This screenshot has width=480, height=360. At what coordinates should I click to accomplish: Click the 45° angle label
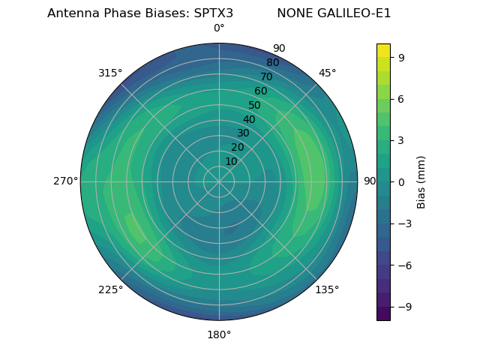click(328, 73)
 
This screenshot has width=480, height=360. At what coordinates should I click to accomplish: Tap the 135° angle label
click(327, 289)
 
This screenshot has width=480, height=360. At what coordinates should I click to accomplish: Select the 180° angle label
click(219, 334)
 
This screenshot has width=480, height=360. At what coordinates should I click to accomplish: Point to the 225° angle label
click(110, 289)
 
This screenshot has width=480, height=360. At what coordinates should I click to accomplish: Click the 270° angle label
click(65, 181)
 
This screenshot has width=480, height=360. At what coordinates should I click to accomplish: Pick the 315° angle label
click(110, 73)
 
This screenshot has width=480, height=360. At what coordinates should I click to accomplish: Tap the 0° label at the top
click(219, 28)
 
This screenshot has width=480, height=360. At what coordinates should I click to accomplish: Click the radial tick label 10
click(231, 161)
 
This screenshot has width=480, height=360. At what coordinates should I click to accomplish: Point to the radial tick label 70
click(267, 76)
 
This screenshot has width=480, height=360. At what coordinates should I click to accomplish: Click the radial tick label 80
click(273, 62)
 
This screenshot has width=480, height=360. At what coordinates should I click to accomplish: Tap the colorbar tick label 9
click(400, 57)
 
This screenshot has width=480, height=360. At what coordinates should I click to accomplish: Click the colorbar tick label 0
click(400, 181)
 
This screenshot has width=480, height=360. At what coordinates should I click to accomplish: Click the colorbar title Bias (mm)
click(421, 181)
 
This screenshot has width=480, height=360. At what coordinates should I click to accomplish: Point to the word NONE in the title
click(292, 13)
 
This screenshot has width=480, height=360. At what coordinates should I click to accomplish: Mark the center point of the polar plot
click(219, 181)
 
